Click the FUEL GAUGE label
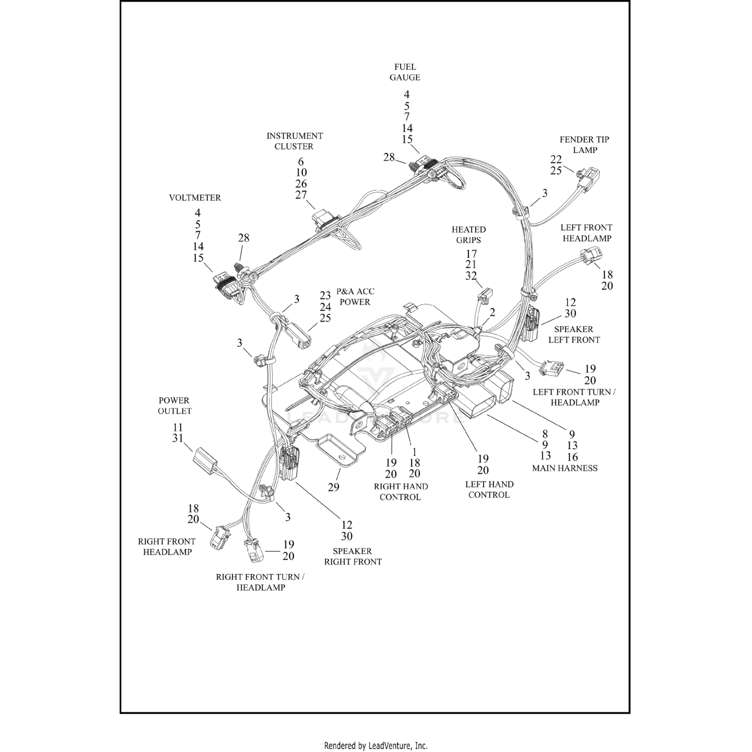[405, 72]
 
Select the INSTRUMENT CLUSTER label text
[294, 141]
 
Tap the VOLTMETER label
[195, 198]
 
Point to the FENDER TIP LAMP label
[585, 144]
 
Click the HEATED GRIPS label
[469, 235]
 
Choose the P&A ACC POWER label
[355, 297]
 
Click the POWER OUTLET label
[174, 406]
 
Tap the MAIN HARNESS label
[565, 468]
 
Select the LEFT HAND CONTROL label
[489, 489]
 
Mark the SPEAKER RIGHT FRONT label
[352, 556]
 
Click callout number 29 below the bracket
[333, 487]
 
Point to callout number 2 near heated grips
[492, 313]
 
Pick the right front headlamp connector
[221, 536]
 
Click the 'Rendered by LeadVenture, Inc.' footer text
[375, 745]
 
